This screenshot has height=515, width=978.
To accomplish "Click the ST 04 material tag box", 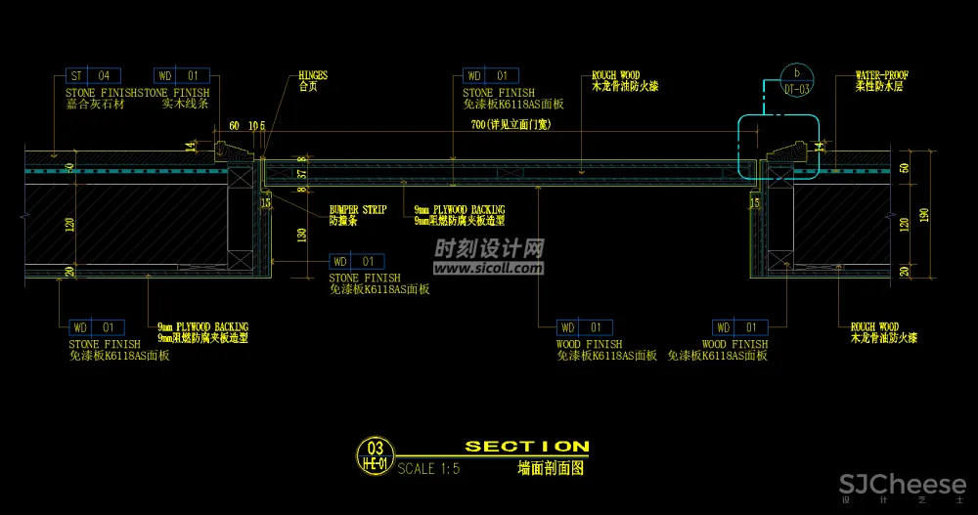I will (92, 75).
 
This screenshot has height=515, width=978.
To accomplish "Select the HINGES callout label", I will (313, 74).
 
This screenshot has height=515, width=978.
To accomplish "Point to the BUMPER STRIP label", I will (358, 209).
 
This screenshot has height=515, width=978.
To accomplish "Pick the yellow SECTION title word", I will (527, 447).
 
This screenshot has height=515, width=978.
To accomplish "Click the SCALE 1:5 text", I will (428, 468).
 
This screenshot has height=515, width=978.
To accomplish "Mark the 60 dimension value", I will (234, 126).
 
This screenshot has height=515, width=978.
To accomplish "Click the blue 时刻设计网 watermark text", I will (489, 248).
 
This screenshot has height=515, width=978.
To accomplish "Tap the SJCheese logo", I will (902, 483).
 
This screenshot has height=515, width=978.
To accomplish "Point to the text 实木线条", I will (181, 103).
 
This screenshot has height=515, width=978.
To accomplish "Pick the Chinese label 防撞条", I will (343, 221).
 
